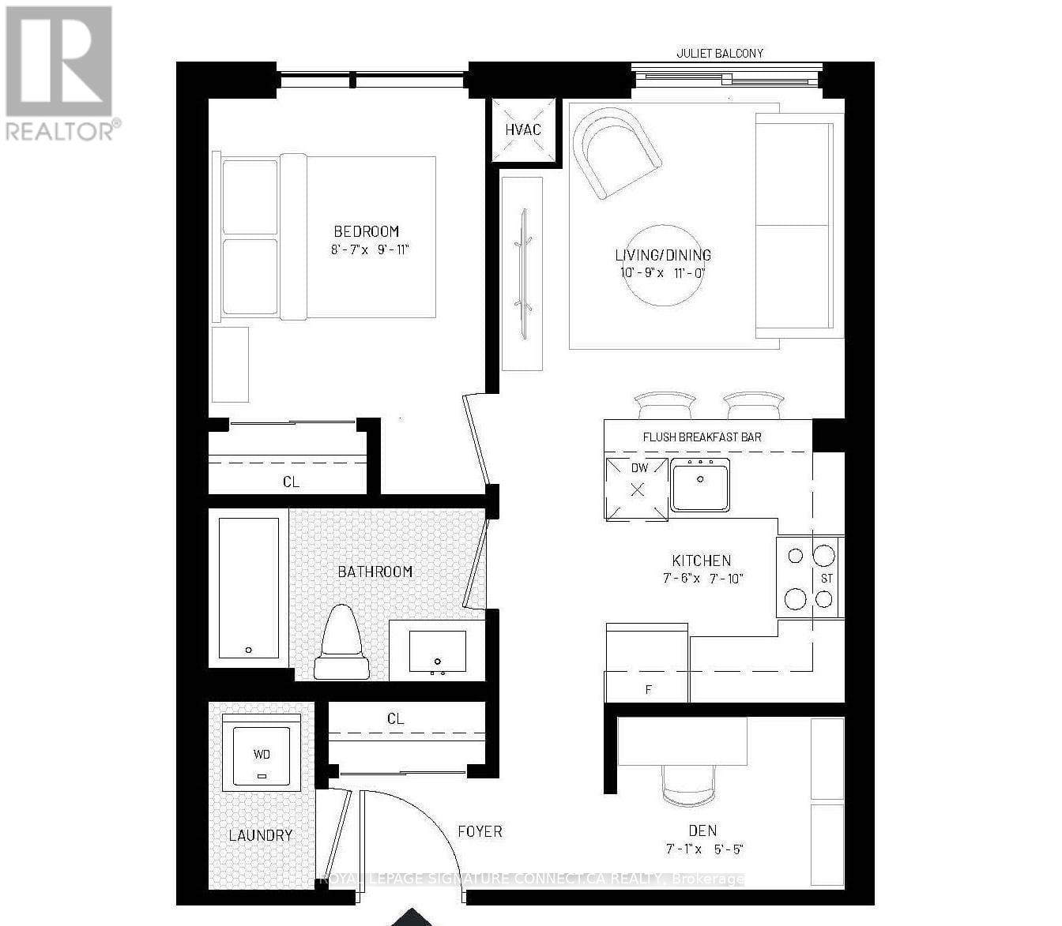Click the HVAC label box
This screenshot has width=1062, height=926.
pos(522,129)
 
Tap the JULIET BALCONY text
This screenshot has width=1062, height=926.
pos(720,54)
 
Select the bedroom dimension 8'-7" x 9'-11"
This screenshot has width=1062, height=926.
pos(371,250)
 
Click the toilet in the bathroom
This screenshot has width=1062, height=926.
pos(342,643)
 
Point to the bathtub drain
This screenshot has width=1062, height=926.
pos(249,650)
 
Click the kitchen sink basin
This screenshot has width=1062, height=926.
pos(699,488)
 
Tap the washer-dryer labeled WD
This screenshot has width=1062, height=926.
pos(262,752)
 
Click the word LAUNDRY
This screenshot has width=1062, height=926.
pos(261,835)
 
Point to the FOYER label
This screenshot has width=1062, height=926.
pos(480,831)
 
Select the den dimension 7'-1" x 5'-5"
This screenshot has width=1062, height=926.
pos(703,849)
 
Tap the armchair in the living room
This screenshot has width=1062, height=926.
pos(616,152)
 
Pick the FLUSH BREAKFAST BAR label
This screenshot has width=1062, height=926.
pos(702,437)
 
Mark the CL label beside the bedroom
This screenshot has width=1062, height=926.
pos(291,482)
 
